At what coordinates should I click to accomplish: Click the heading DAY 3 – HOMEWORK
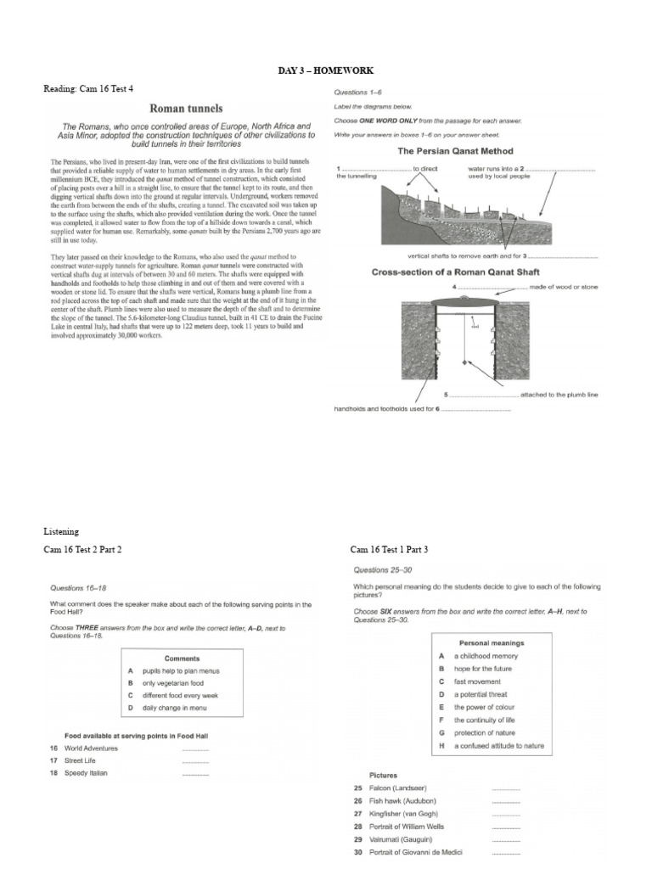point(325,70)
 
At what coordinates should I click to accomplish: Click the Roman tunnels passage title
point(186,109)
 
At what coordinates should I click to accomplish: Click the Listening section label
point(60,530)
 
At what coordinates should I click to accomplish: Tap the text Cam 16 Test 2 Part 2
point(82,550)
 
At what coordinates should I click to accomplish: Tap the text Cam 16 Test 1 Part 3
point(389,550)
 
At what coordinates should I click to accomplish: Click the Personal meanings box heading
point(491,643)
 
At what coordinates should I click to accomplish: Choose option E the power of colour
point(482,707)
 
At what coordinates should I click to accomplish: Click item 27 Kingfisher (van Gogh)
point(400,813)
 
